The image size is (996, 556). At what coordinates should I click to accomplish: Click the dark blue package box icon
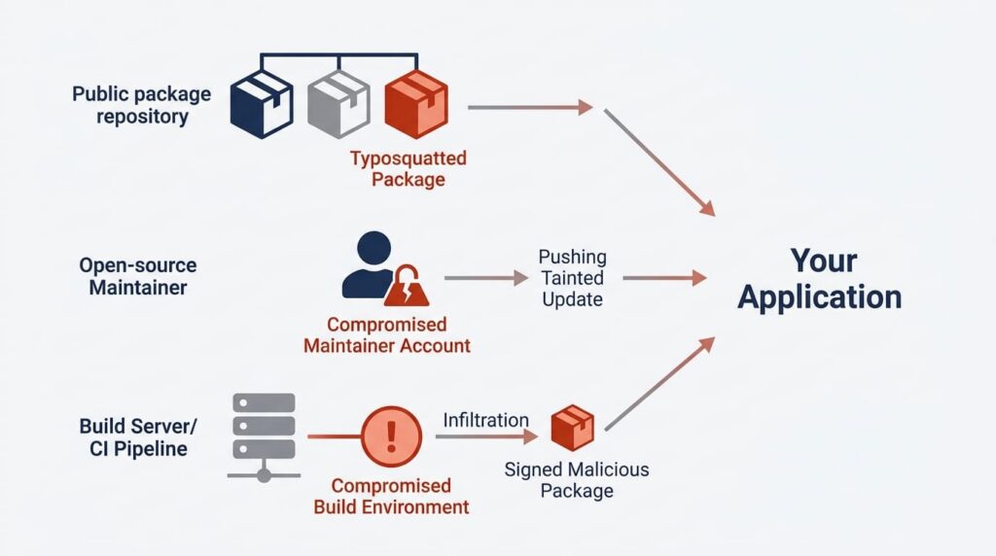(x=261, y=103)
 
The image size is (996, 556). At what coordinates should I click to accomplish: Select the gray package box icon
(x=338, y=103)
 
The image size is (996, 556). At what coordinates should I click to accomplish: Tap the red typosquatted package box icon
(x=416, y=103)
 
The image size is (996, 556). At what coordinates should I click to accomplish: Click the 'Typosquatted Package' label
(x=409, y=168)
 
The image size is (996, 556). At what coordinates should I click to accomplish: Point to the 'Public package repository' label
(x=141, y=105)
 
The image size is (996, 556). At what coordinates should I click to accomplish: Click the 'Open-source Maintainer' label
(x=137, y=276)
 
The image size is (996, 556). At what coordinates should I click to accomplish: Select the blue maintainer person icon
(x=370, y=264)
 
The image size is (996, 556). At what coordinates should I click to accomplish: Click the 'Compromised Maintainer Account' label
(x=386, y=334)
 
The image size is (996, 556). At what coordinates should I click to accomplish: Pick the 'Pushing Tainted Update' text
(x=573, y=278)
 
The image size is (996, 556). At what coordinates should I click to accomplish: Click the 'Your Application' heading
(x=819, y=278)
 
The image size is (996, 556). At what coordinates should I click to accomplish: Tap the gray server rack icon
(x=263, y=435)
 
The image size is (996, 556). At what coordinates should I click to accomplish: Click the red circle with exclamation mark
(x=391, y=436)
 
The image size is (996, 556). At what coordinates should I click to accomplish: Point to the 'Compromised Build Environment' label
(x=391, y=496)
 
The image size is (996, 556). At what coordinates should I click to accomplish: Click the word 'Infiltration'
(x=486, y=420)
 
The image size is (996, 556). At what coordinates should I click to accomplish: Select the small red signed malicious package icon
(x=572, y=428)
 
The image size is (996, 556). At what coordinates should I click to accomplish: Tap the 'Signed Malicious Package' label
(x=577, y=480)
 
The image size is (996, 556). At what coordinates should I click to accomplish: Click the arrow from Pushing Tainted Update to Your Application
(x=664, y=279)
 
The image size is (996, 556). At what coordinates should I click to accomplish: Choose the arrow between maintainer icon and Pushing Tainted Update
(x=485, y=279)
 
